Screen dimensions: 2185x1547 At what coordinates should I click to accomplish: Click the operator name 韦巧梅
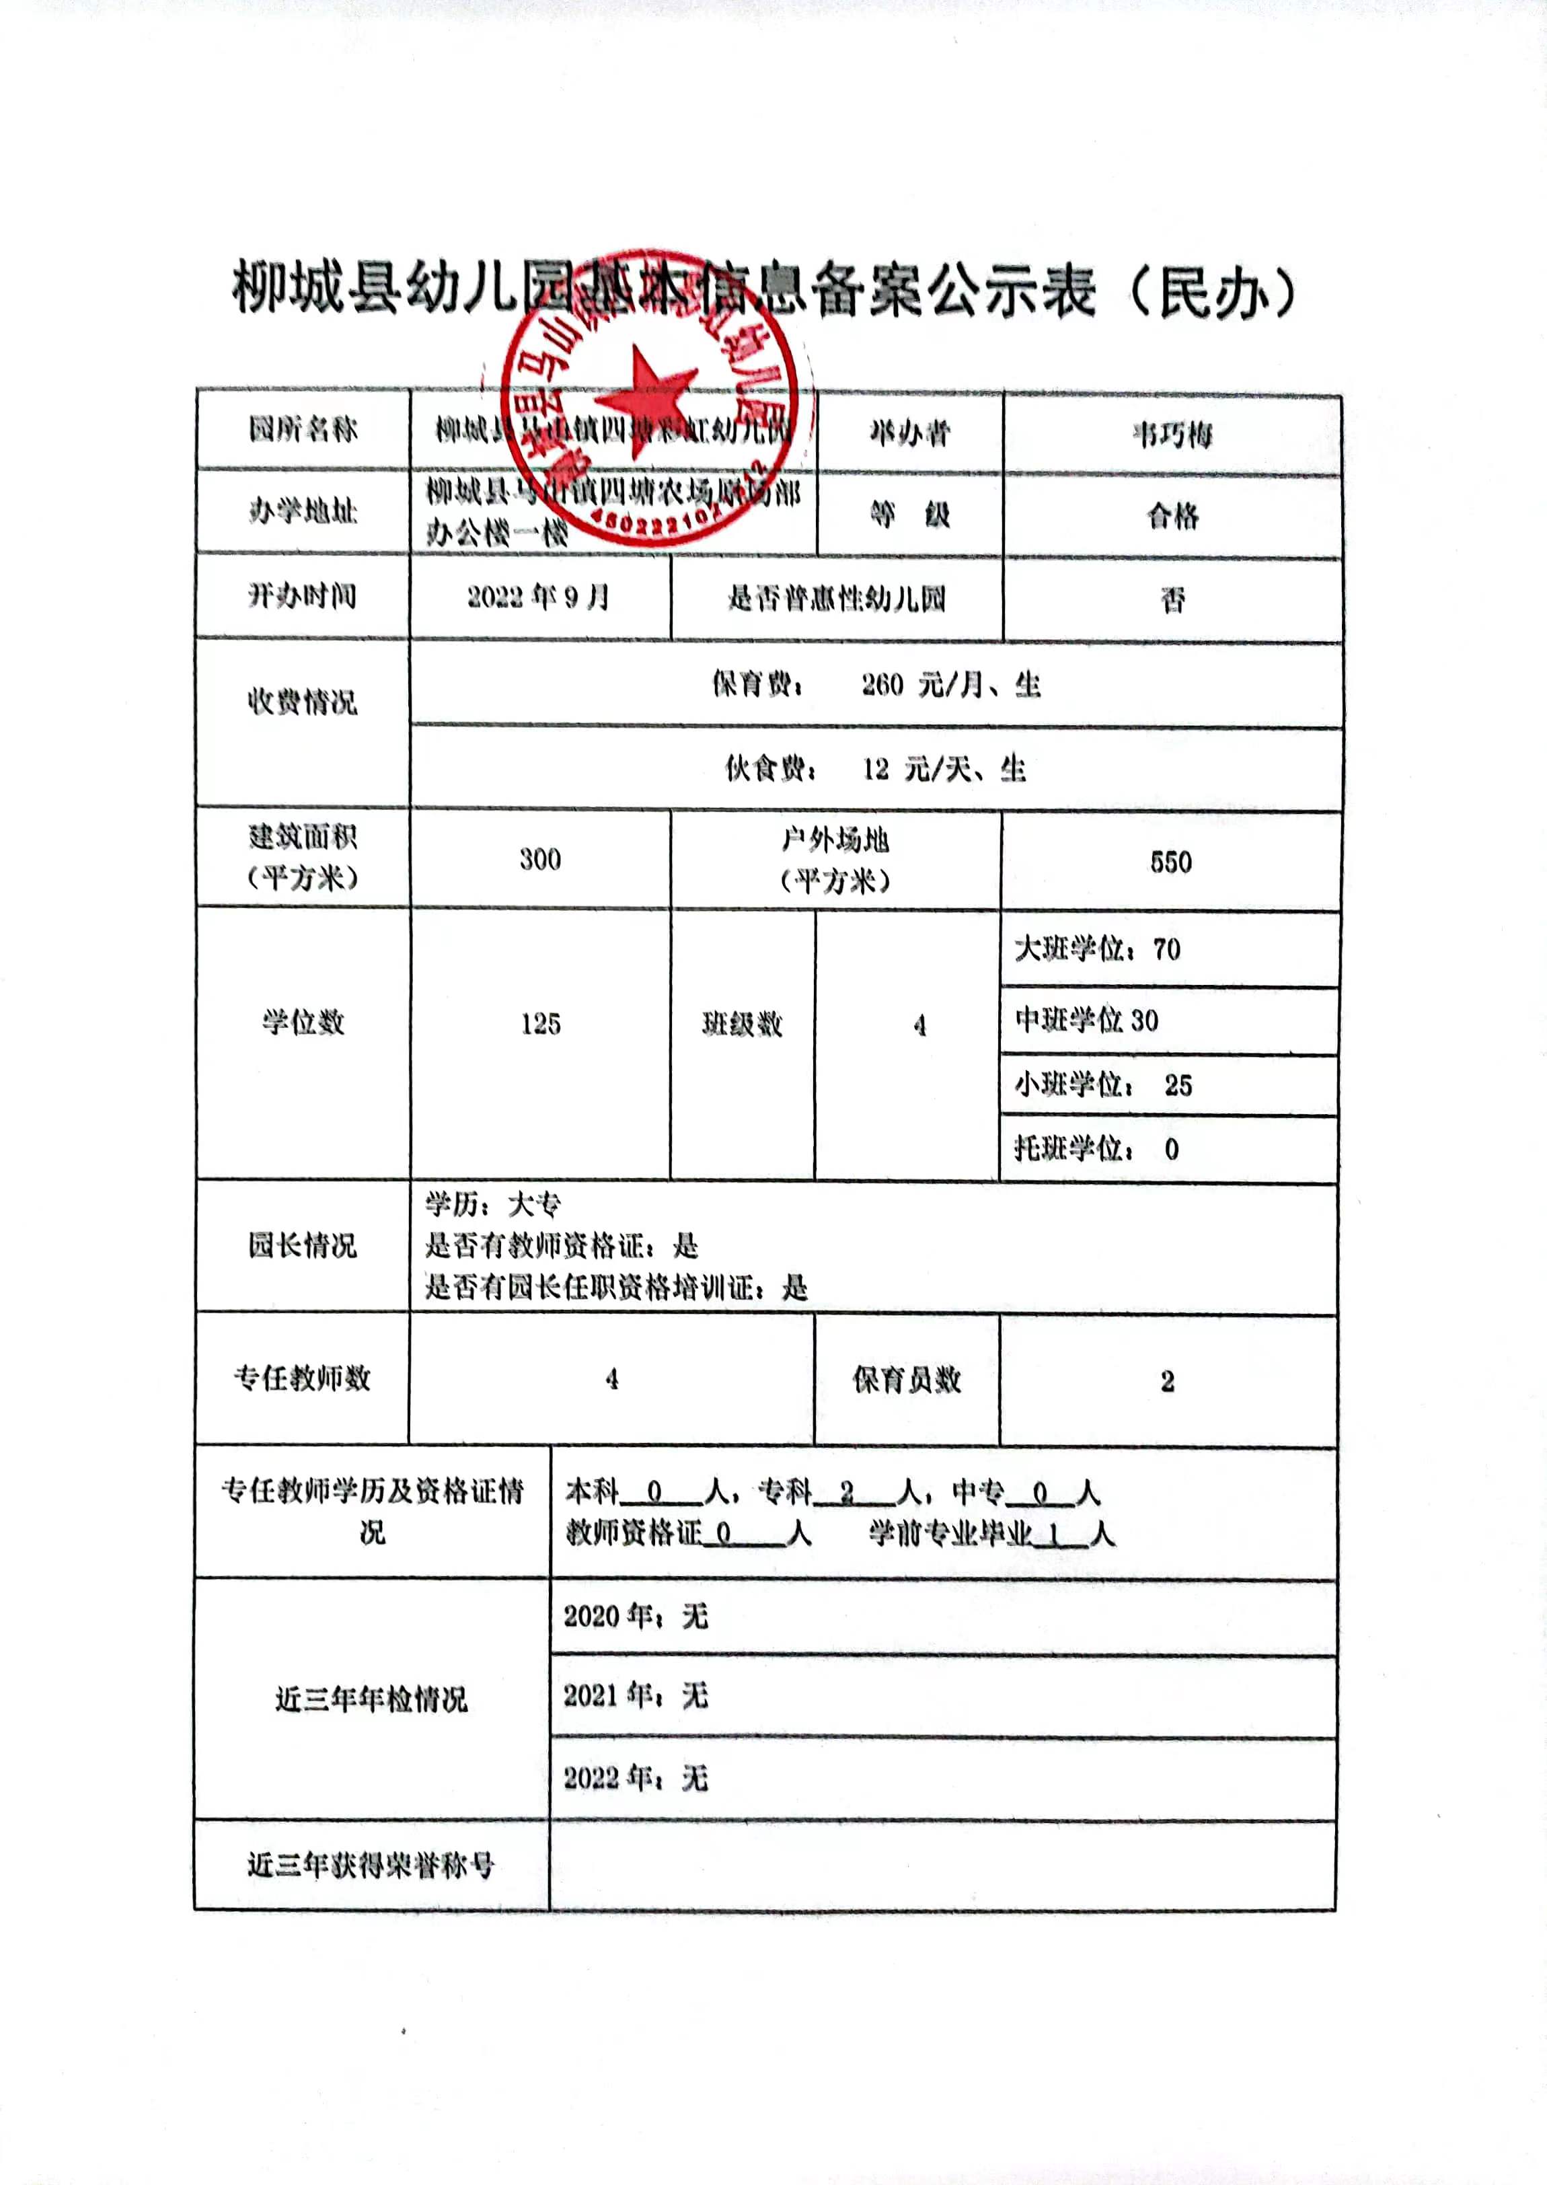tap(1172, 435)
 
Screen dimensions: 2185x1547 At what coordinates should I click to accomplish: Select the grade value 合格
tap(1172, 516)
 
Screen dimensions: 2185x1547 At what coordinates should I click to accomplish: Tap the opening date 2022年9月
tap(538, 597)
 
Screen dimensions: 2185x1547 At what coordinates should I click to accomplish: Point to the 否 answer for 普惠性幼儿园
tap(1172, 599)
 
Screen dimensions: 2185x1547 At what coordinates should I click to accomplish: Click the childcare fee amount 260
tap(882, 684)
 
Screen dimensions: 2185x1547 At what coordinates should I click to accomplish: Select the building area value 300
tap(540, 859)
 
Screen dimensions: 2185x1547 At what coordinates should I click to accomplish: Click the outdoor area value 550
tap(1171, 862)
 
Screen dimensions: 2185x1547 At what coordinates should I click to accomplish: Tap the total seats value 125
tap(540, 1024)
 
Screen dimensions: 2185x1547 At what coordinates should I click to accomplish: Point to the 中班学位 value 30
tap(1144, 1020)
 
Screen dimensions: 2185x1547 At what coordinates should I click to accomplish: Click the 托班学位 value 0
tap(1172, 1149)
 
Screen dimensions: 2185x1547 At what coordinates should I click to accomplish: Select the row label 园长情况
tap(302, 1245)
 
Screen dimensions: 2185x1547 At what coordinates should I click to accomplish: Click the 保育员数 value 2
tap(1167, 1381)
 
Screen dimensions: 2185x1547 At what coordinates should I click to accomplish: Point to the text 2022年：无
tap(636, 1777)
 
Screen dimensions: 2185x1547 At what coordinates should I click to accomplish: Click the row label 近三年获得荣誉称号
tap(371, 1865)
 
